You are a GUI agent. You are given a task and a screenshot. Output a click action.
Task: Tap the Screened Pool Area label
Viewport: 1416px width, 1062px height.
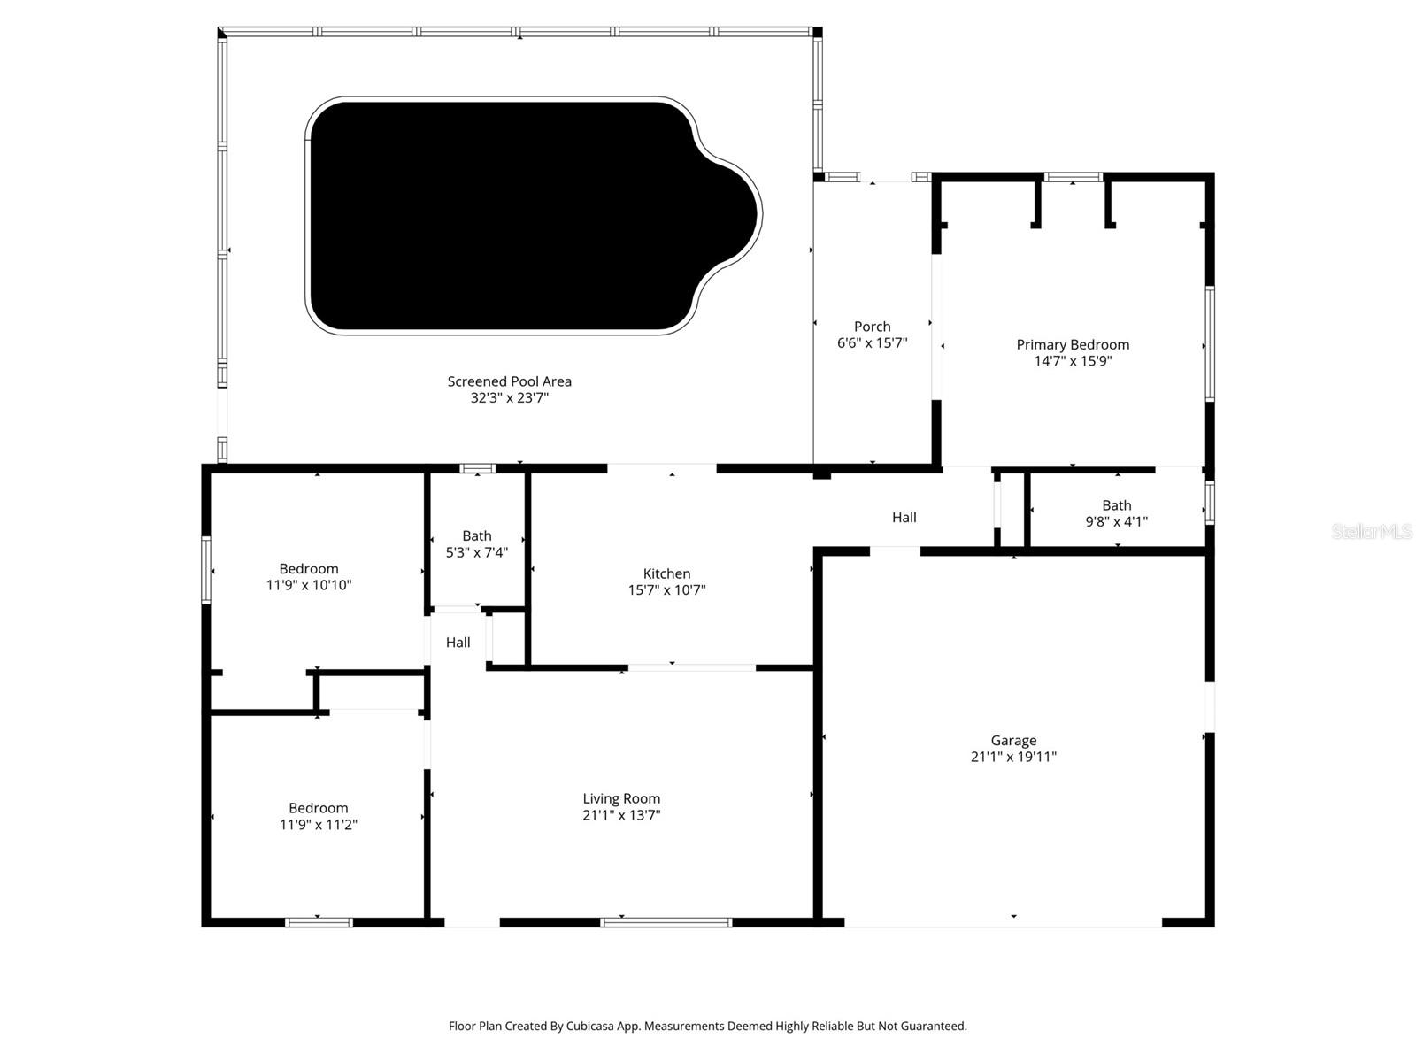pos(509,381)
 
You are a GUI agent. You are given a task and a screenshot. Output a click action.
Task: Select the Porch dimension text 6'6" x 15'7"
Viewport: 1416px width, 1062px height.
pos(872,343)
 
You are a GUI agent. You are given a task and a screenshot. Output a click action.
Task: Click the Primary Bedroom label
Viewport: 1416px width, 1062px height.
pos(1073,344)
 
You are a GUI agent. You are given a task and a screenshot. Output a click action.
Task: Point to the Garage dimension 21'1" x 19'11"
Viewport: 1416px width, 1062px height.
pos(1013,757)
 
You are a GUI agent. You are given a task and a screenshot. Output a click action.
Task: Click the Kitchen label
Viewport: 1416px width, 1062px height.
pos(666,573)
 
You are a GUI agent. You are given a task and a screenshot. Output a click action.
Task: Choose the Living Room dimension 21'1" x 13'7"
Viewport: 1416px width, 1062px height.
pos(621,815)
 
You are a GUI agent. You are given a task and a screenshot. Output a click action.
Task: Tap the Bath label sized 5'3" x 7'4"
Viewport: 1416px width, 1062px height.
pos(476,535)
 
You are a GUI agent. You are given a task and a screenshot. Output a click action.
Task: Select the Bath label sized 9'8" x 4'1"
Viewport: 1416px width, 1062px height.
pos(1116,505)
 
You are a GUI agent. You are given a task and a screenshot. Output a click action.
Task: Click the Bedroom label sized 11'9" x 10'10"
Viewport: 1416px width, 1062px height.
pos(308,568)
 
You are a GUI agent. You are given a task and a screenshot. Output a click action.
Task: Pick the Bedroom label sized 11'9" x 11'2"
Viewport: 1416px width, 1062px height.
pos(318,808)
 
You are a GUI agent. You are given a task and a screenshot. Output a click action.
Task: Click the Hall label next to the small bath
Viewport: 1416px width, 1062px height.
pos(458,643)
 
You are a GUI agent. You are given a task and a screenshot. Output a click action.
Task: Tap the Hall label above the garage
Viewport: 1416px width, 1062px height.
pos(904,518)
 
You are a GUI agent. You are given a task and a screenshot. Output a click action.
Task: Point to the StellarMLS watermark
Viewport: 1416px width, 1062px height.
pos(1371,531)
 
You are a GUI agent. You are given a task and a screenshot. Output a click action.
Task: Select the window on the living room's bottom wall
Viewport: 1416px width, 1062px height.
pos(666,922)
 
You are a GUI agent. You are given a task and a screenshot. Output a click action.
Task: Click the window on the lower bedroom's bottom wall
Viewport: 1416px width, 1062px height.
pos(319,922)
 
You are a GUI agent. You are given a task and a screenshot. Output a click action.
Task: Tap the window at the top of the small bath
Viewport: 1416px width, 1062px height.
pos(477,468)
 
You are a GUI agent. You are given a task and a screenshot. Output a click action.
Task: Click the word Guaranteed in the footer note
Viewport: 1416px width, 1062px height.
pos(933,1027)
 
